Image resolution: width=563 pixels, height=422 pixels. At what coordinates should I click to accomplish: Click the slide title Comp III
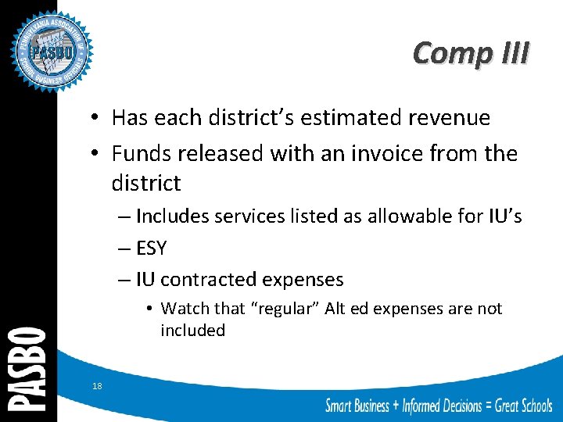(x=471, y=53)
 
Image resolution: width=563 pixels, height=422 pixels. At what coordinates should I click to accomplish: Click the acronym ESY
(x=151, y=249)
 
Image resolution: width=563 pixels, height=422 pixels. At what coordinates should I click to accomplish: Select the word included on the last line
(x=192, y=331)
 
